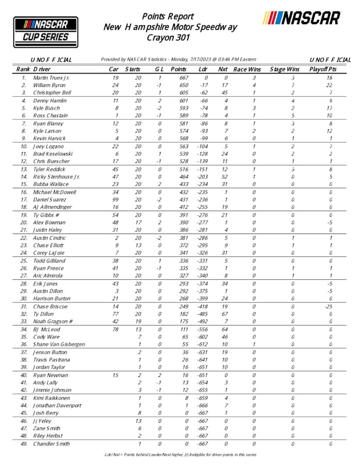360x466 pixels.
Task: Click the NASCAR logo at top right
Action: coord(301,18)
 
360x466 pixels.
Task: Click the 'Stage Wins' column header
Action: coord(285,69)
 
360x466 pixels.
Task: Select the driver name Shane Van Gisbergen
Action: coord(59,344)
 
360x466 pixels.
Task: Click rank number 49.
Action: coord(24,443)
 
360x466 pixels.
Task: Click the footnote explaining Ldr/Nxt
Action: coord(180,455)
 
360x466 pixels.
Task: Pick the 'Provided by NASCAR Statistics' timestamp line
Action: coord(178,60)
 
